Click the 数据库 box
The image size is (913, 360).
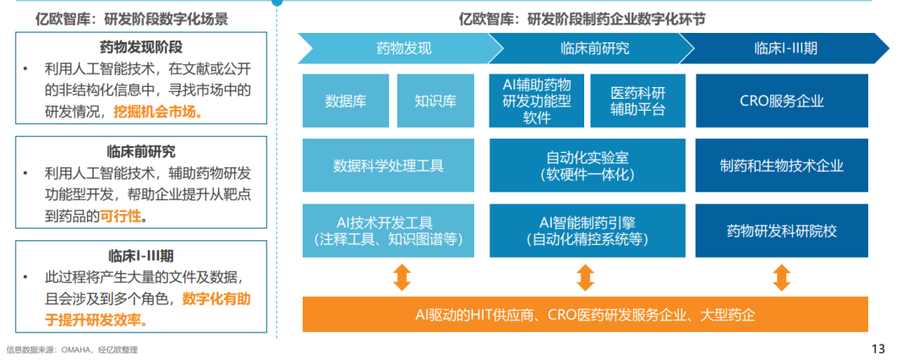click(346, 101)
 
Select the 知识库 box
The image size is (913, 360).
click(435, 101)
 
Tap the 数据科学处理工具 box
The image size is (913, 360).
click(389, 166)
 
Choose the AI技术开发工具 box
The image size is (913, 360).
click(389, 230)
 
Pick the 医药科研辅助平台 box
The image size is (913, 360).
click(638, 101)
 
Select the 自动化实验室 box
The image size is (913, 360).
click(587, 166)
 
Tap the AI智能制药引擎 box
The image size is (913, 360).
click(587, 230)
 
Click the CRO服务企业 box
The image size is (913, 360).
click(781, 101)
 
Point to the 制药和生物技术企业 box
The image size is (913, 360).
click(781, 166)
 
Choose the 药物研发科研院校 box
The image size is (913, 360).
click(781, 230)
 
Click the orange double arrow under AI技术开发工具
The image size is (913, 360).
click(402, 277)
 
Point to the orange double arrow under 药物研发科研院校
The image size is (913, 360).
click(781, 277)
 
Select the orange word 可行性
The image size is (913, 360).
click(122, 216)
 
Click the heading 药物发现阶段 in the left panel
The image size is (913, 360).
click(141, 46)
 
